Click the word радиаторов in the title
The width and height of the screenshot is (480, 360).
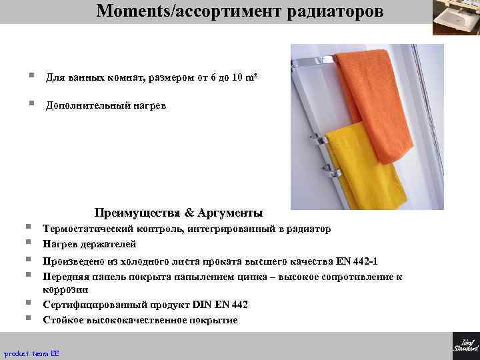(x=337, y=11)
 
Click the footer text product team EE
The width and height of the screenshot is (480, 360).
(x=32, y=353)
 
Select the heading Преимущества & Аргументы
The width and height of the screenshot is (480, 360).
(x=179, y=213)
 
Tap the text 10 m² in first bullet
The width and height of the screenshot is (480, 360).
(x=241, y=78)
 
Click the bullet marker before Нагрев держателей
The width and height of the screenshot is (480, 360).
(x=31, y=243)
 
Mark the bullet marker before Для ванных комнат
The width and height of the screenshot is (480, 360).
(x=31, y=77)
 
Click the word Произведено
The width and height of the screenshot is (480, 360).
(x=74, y=261)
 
